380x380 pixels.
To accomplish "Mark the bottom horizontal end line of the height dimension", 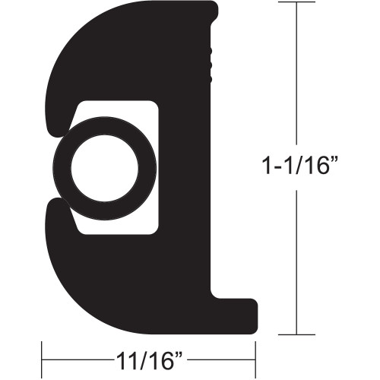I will click(x=293, y=334).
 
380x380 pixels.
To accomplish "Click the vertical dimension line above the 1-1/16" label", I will click(x=293, y=76).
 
